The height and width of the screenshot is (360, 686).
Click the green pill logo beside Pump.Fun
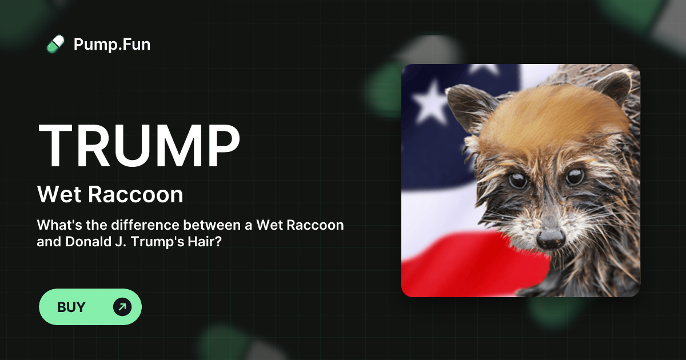click(55, 44)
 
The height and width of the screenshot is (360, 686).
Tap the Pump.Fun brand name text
click(112, 44)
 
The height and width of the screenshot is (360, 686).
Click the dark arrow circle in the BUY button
click(122, 307)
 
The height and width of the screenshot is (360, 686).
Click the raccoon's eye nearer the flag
click(519, 181)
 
